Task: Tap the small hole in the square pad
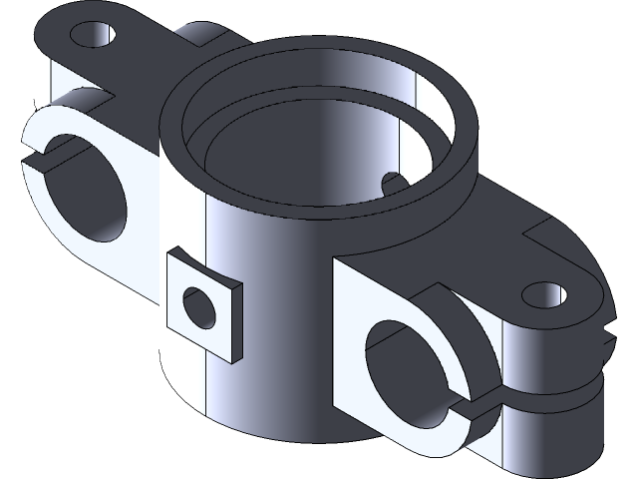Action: point(199,306)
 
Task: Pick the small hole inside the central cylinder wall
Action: point(393,182)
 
